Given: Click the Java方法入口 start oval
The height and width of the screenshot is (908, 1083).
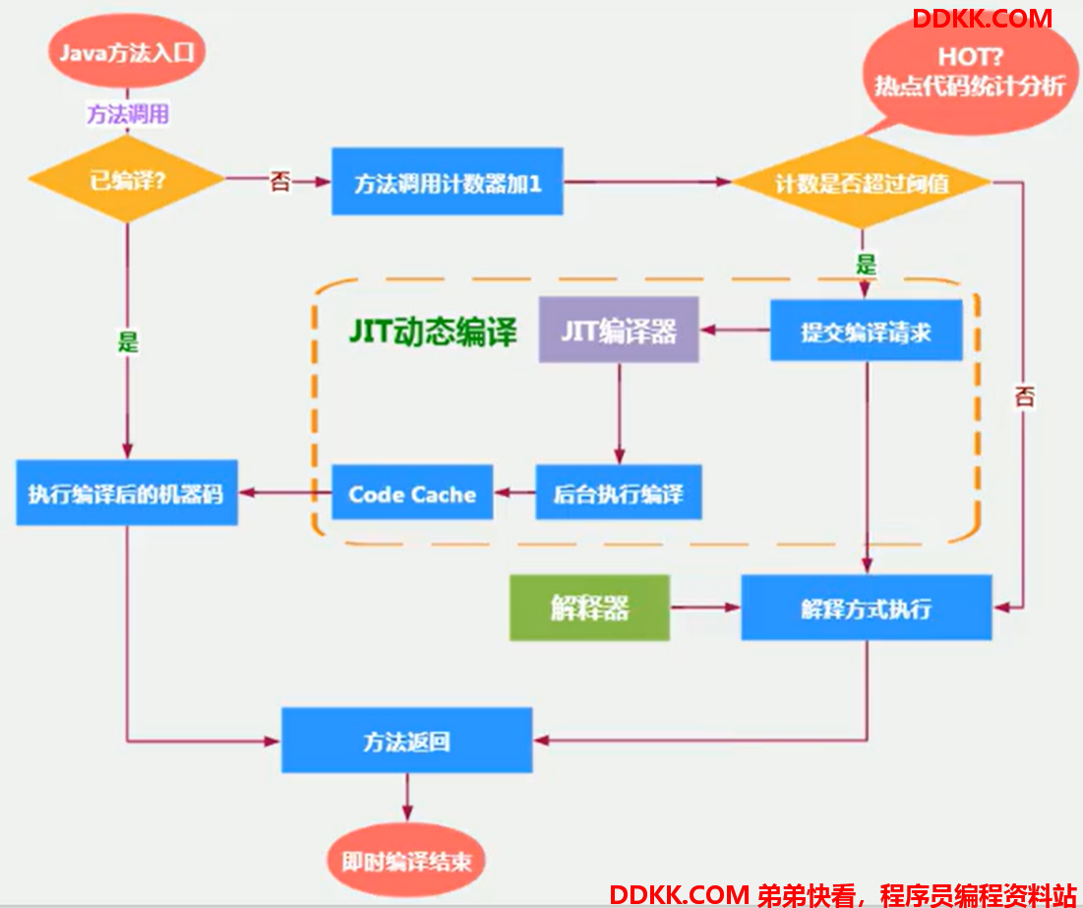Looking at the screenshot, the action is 126,52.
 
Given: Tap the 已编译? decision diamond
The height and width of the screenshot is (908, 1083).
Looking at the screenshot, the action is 127,180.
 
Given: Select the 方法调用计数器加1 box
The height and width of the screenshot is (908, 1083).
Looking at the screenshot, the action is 447,182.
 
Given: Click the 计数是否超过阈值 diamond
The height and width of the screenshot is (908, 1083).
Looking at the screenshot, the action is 862,182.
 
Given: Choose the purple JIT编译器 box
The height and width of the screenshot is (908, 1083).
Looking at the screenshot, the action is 619,331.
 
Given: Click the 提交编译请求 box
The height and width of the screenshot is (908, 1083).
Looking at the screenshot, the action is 867,331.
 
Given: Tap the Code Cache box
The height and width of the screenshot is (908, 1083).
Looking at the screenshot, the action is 412,493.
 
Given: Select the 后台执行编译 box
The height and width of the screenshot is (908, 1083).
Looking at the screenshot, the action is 619,493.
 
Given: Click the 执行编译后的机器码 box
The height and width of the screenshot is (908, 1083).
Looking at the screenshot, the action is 127,493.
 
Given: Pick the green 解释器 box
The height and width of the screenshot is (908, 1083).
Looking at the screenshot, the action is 590,608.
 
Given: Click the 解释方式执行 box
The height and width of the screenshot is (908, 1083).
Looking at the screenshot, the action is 867,608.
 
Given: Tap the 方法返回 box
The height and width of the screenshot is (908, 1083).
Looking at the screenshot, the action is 407,741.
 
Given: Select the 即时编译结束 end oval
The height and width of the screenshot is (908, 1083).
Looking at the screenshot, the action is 406,861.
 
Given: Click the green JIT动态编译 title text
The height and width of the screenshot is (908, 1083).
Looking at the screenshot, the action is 433,332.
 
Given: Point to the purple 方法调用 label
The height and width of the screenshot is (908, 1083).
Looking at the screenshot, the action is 128,113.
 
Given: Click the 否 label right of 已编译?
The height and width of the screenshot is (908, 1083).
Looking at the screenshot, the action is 279,182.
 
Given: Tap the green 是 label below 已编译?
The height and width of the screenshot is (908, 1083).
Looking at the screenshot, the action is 128,341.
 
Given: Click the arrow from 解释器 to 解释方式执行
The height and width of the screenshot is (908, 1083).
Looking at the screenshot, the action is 705,608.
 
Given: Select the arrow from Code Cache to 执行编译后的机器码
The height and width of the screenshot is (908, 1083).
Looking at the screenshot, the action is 284,493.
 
